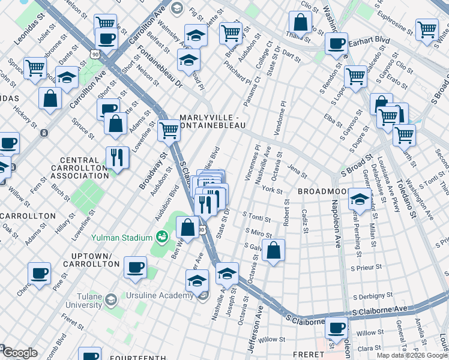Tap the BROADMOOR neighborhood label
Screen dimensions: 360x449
coord(321,191)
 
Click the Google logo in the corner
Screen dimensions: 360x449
coord(19,353)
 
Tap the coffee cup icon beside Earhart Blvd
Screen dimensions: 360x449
coord(336,43)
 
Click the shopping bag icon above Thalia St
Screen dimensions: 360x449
coord(300,22)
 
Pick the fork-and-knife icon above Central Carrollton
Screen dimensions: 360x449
coord(117,157)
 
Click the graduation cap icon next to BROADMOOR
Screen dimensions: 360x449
coord(359,199)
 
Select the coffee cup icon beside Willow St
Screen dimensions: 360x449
coord(337,327)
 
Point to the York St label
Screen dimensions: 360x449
coord(273,190)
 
